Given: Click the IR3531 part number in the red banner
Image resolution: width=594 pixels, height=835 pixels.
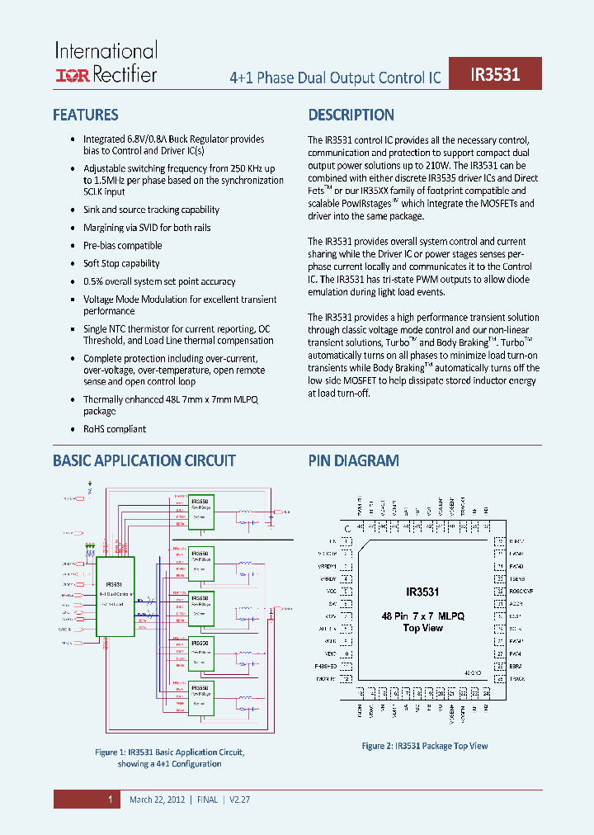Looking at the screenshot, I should [495, 74].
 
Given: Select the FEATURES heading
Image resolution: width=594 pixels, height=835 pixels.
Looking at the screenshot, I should [86, 116].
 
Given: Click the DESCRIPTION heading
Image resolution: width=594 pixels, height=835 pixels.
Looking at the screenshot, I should [351, 116].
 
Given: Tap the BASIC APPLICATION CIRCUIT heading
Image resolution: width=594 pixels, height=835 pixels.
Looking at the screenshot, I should [144, 461].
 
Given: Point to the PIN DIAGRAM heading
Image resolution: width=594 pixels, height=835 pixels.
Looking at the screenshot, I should [354, 461].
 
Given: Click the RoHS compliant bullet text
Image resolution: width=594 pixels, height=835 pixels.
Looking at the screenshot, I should [115, 429].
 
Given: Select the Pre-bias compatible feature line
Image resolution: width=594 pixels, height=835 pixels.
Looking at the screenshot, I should [123, 246].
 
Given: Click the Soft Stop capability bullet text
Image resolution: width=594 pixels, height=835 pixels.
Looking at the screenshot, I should [121, 264].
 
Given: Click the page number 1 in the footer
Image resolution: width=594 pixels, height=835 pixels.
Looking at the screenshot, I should [110, 800].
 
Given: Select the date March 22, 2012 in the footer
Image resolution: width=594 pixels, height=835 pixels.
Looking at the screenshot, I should [157, 800].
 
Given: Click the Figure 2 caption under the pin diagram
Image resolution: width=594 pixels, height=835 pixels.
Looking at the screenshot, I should [425, 746].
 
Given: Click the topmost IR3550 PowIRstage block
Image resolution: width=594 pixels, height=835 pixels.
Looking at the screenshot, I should [200, 512].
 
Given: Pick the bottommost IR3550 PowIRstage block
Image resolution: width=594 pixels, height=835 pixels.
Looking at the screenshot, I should [200, 697].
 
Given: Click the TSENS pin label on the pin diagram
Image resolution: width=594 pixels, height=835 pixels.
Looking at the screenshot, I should [517, 579].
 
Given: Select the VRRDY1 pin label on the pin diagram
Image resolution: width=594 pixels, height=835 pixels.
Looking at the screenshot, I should [328, 566].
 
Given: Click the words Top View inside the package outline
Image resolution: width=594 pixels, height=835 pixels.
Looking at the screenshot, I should [423, 628].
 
